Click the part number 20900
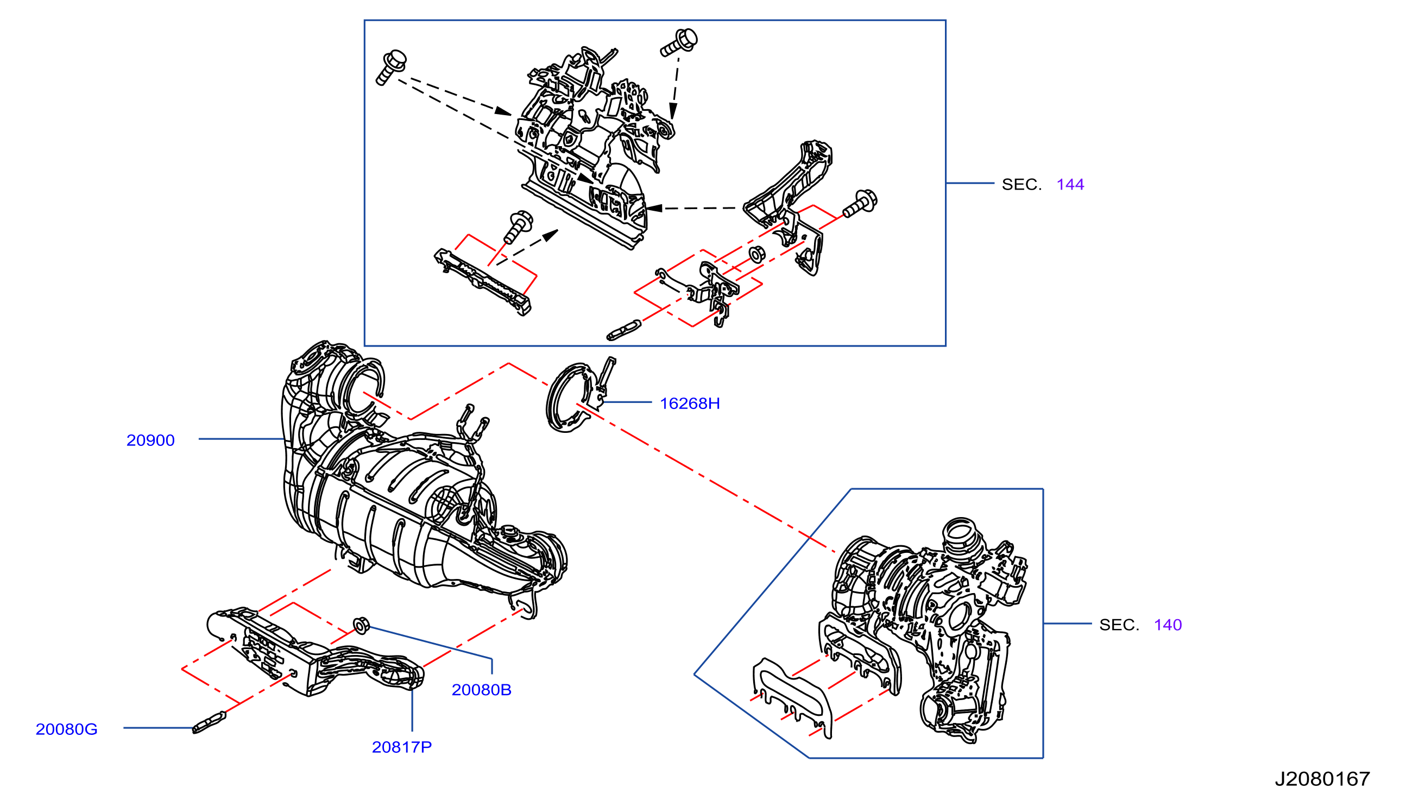tap(150, 440)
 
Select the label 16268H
tap(690, 404)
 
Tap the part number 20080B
tap(482, 690)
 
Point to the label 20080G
tap(66, 729)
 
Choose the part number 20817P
tap(402, 747)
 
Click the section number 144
tap(1070, 184)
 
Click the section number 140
tap(1168, 625)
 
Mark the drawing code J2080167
tap(1322, 779)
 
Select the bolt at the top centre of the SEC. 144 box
tap(679, 42)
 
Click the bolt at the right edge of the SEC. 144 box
tap(860, 204)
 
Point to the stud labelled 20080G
tap(209, 722)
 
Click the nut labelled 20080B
tap(361, 626)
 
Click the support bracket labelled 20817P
tap(316, 653)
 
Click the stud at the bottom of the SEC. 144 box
tap(624, 330)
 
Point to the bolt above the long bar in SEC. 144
tap(518, 226)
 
